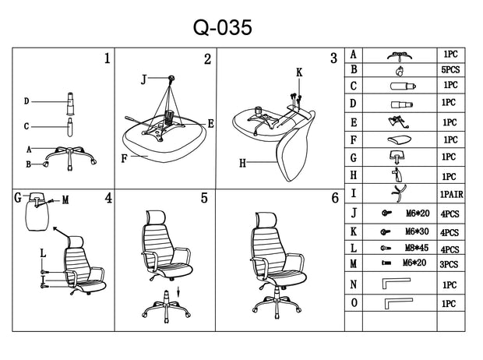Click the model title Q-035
tap(222, 27)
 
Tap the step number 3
tap(334, 58)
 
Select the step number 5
tap(204, 198)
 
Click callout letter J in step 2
tap(143, 79)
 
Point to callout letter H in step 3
tap(243, 163)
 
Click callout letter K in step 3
tap(299, 72)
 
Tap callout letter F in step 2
tap(124, 158)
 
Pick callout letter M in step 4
tap(65, 200)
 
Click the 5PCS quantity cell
tap(450, 70)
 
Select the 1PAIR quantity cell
tap(451, 195)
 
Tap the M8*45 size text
tap(417, 248)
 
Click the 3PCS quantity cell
tap(449, 264)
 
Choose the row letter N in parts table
tap(354, 284)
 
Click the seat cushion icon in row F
tap(399, 139)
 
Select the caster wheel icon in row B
tap(399, 72)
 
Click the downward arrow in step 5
tap(178, 291)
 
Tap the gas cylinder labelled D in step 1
tap(71, 104)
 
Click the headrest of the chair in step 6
tap(266, 220)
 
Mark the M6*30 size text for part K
tap(417, 231)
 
